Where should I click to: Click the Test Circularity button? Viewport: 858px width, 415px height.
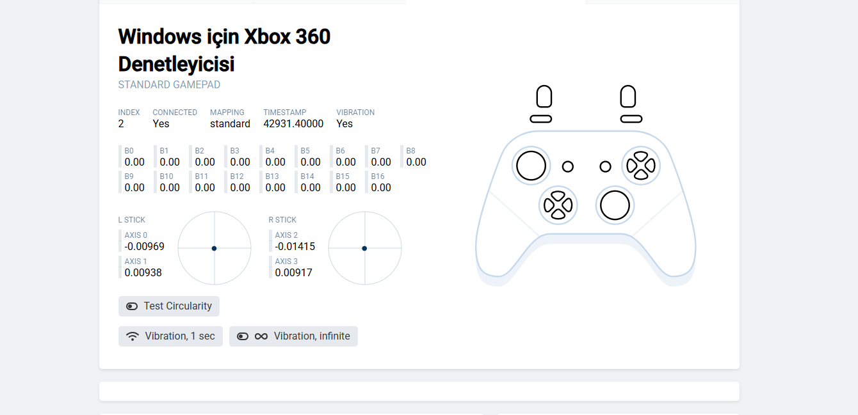tap(169, 306)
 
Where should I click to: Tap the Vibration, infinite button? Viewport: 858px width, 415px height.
tap(293, 336)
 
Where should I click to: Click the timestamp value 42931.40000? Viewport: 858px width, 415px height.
tap(293, 124)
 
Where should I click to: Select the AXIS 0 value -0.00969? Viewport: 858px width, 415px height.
tap(145, 246)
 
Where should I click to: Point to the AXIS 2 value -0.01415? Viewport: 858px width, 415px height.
tap(295, 246)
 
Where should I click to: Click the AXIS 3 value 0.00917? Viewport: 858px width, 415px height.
tap(293, 272)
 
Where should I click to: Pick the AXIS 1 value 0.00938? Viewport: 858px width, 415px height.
tap(143, 272)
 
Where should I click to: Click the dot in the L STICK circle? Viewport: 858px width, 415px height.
tap(214, 249)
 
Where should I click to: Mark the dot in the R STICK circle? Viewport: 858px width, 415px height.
tap(364, 249)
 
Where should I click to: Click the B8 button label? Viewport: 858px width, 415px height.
tap(410, 151)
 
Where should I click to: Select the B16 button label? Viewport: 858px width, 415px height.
tap(378, 176)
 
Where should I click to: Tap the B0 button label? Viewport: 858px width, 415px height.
tap(129, 151)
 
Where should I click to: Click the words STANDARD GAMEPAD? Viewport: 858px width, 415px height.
tap(169, 84)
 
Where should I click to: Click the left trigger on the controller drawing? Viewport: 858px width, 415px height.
tap(544, 97)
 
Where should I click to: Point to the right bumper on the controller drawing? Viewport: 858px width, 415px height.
tap(631, 120)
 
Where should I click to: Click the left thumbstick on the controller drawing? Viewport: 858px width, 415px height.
tap(531, 166)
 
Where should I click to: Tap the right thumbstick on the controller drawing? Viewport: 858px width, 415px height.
tap(615, 205)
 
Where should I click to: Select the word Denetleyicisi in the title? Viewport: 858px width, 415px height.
tap(176, 64)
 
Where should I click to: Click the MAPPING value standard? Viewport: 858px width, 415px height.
tap(230, 124)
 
